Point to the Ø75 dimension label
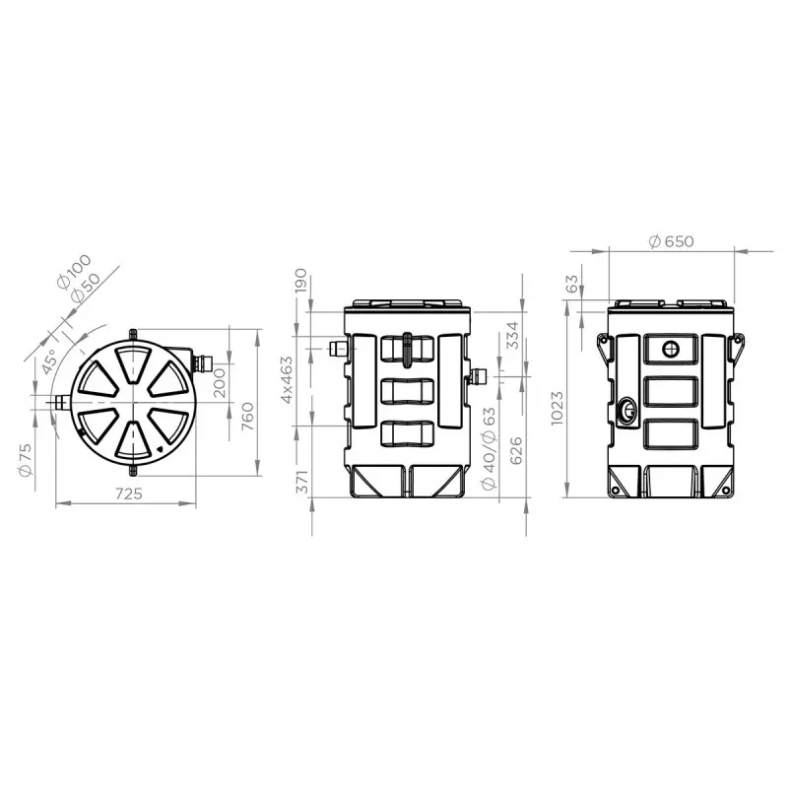point(26,457)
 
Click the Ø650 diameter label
point(672,242)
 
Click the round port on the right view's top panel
point(671,348)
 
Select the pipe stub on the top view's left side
point(60,402)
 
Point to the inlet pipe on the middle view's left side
point(337,348)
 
